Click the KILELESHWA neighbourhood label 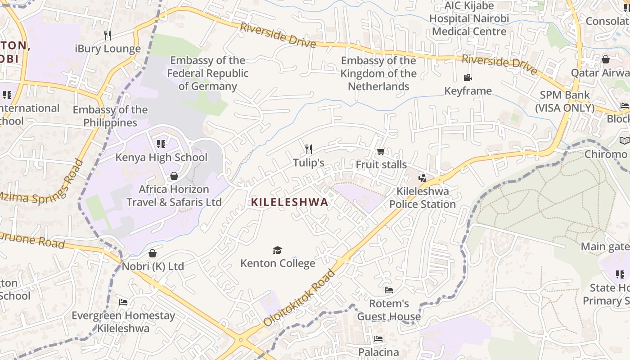click(289, 202)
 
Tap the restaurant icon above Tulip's click(309, 149)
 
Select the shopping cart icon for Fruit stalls click(381, 152)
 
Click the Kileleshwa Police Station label click(422, 198)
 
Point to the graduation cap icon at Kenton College click(278, 250)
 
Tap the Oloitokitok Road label click(301, 297)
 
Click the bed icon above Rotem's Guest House click(389, 290)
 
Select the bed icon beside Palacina click(378, 339)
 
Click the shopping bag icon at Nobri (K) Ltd click(153, 253)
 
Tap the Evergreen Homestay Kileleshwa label click(123, 322)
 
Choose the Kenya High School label click(162, 157)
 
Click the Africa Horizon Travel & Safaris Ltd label click(174, 196)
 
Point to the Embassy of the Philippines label click(110, 116)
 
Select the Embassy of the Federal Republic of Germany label click(207, 73)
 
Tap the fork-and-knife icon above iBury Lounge click(107, 36)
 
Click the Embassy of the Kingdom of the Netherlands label click(378, 73)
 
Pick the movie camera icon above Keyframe click(468, 77)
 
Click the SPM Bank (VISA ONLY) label click(565, 102)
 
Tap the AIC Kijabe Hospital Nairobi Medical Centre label click(469, 18)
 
